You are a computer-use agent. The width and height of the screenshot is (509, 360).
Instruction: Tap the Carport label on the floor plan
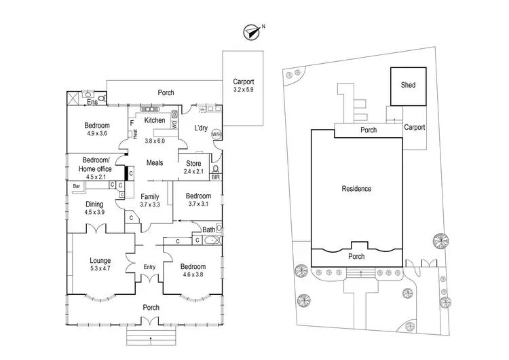(243, 79)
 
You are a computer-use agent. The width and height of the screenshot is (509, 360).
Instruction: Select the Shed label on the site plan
(408, 86)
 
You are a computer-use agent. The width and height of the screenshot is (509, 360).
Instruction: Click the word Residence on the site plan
(356, 189)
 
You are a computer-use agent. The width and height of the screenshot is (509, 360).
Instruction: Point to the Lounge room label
(100, 260)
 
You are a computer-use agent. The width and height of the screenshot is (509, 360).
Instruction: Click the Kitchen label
(155, 121)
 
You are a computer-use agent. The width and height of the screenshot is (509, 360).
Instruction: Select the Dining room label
(94, 204)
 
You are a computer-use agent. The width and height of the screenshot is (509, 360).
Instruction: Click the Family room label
(150, 196)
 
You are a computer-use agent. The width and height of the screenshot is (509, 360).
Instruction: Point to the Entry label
(149, 266)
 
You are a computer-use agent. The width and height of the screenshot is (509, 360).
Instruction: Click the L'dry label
(201, 128)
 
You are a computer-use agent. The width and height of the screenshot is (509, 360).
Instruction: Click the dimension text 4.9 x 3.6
(97, 134)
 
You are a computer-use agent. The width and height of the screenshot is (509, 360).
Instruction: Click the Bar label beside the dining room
(76, 185)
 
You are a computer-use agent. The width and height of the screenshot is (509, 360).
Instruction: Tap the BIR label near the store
(215, 177)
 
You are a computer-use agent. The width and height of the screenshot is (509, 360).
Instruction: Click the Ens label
(91, 103)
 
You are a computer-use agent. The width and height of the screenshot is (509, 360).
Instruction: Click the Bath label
(208, 230)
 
